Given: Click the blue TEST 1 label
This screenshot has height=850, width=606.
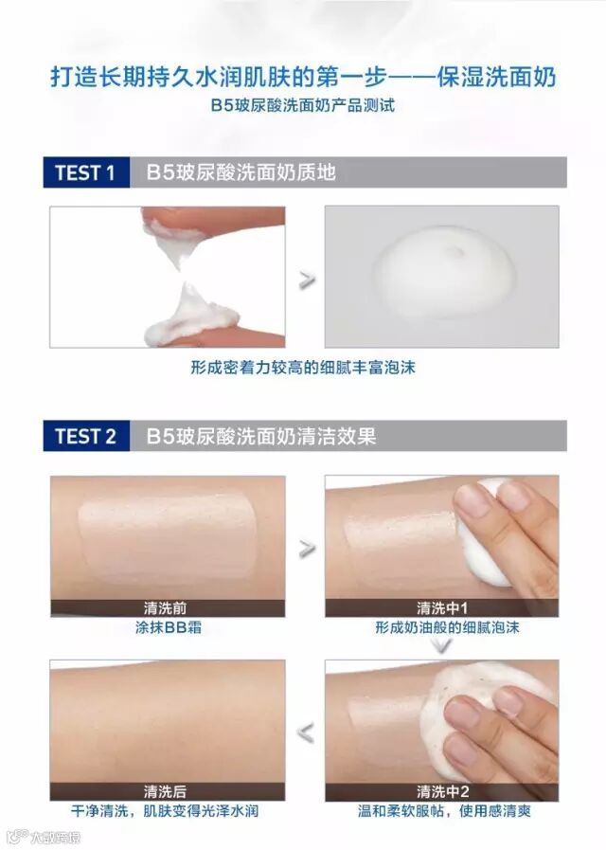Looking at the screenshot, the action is tap(85, 172).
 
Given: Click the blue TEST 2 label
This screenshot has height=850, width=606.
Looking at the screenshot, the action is tap(85, 436).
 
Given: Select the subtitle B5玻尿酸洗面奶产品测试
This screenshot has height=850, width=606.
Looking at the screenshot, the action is tap(303, 104).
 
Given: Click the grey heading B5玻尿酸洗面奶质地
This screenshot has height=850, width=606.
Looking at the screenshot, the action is tap(241, 172).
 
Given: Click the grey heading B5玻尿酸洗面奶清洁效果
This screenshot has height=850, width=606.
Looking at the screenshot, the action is tap(261, 436).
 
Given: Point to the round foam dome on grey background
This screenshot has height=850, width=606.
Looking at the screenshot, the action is tap(443, 271).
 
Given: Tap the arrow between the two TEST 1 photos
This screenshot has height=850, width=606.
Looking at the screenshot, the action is tap(307, 280).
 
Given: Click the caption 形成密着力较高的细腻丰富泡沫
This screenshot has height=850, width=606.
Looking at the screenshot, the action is tap(303, 368).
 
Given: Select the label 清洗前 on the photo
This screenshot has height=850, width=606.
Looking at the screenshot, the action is tap(165, 607).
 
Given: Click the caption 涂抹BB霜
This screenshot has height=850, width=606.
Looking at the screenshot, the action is tap(169, 627).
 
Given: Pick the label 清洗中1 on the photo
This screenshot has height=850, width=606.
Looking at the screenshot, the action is tap(442, 607).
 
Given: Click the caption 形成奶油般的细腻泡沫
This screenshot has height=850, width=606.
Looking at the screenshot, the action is tap(447, 627).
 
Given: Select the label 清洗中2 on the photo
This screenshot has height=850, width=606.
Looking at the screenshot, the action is tap(442, 791).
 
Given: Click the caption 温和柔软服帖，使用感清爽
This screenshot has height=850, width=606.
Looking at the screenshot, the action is tap(444, 811).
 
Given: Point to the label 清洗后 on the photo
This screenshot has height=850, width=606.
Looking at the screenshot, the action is tap(165, 791).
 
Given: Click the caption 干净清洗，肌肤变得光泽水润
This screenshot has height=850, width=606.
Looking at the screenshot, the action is tap(165, 811).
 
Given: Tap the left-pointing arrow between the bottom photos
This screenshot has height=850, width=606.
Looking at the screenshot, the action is tap(306, 732).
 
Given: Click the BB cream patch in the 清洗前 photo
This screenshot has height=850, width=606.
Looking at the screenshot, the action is tap(167, 538).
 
